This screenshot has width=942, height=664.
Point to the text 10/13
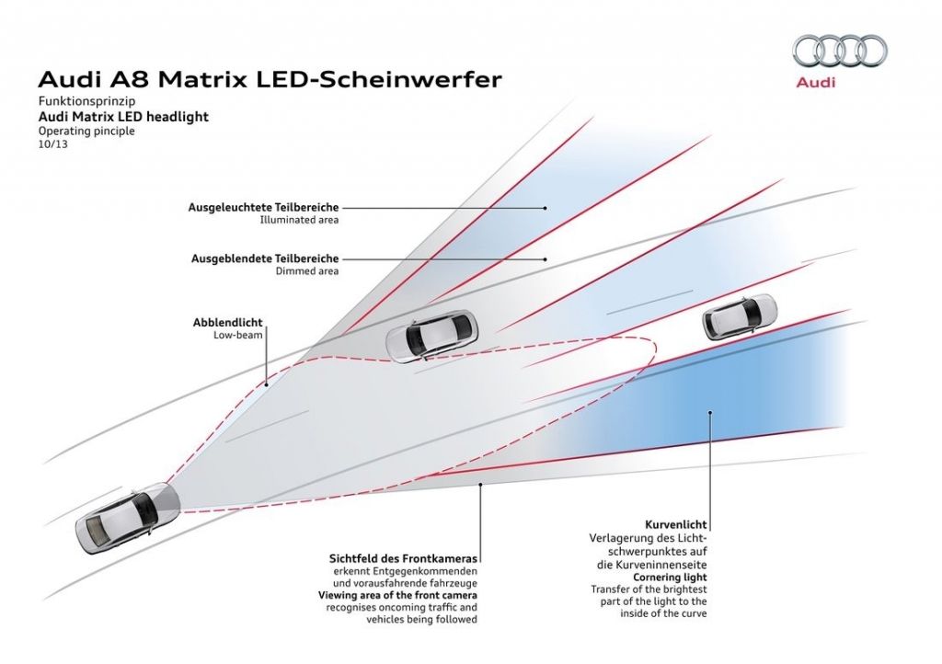52,144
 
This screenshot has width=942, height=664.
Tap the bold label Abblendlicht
227,323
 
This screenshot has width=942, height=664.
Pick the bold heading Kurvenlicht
676,524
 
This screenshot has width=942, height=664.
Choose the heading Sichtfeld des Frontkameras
406,558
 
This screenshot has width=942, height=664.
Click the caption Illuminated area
300,221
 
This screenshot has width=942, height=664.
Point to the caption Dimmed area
307,271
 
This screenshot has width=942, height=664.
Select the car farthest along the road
739,315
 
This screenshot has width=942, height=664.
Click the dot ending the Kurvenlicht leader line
710,415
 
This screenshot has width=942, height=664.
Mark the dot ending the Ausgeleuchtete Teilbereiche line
546,208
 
